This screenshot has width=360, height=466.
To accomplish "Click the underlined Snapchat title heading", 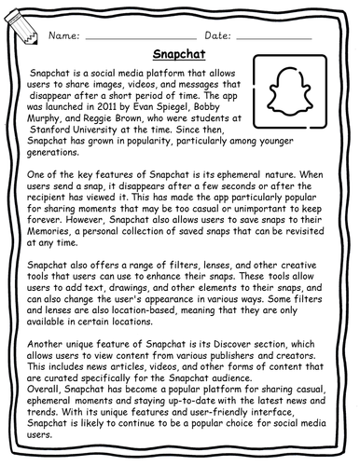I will [180, 55].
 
